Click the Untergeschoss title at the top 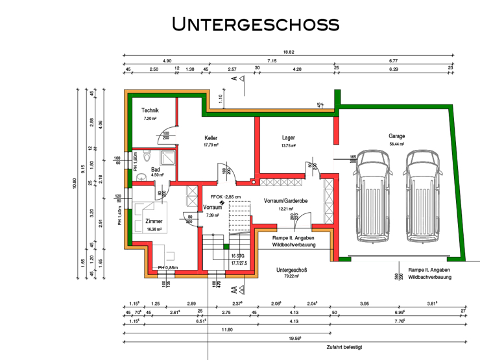pos(255,24)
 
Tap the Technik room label pos(150,110)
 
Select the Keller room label pos(211,138)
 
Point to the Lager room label pos(288,138)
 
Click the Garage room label pos(397,136)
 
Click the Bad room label pos(156,169)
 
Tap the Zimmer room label pos(154,221)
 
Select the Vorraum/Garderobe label pos(286,200)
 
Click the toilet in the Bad pos(147,157)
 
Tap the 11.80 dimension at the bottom pos(226,330)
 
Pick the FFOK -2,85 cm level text pos(225,197)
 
